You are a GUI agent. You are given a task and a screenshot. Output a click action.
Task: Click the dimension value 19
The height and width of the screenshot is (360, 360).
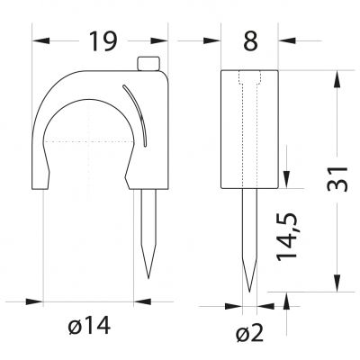pos(103,40)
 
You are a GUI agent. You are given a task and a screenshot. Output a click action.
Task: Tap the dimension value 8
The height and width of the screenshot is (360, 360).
pos(250,40)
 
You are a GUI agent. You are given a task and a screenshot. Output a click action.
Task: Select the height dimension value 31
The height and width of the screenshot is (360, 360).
pos(337,179)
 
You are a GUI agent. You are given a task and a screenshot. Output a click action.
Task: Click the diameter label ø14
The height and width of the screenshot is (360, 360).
pos(89,326)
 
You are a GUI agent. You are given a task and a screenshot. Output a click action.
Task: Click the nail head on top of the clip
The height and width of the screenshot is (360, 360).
pos(148,64)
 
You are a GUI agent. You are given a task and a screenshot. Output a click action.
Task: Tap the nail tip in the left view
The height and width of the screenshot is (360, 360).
pos(148,278)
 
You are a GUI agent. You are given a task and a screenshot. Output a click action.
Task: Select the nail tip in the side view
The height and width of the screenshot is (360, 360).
pos(249,291)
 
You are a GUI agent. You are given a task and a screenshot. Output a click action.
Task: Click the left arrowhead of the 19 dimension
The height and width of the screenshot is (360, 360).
pos(40,40)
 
